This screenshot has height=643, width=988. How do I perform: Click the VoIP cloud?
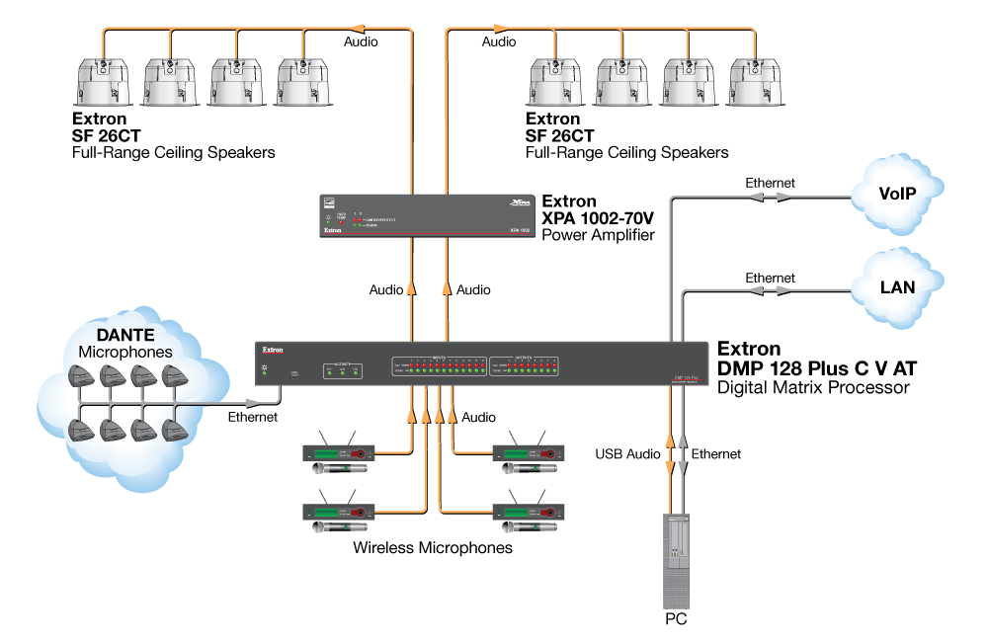tap(898, 195)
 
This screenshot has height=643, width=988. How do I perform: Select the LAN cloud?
tap(897, 287)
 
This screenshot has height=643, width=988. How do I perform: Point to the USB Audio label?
tap(627, 454)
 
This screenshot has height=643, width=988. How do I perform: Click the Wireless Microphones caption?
tap(433, 547)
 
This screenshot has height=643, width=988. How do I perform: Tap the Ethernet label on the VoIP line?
tap(770, 183)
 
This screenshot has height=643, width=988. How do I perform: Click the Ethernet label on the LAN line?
tap(770, 279)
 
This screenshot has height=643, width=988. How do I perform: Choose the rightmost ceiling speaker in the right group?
tap(755, 83)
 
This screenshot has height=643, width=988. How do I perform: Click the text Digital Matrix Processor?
tap(813, 388)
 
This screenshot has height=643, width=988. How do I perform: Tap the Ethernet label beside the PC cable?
tap(716, 454)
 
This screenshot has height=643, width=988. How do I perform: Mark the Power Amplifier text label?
tap(599, 235)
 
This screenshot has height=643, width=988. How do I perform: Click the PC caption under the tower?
tap(676, 620)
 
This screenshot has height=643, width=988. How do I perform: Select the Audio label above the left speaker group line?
tap(361, 41)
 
